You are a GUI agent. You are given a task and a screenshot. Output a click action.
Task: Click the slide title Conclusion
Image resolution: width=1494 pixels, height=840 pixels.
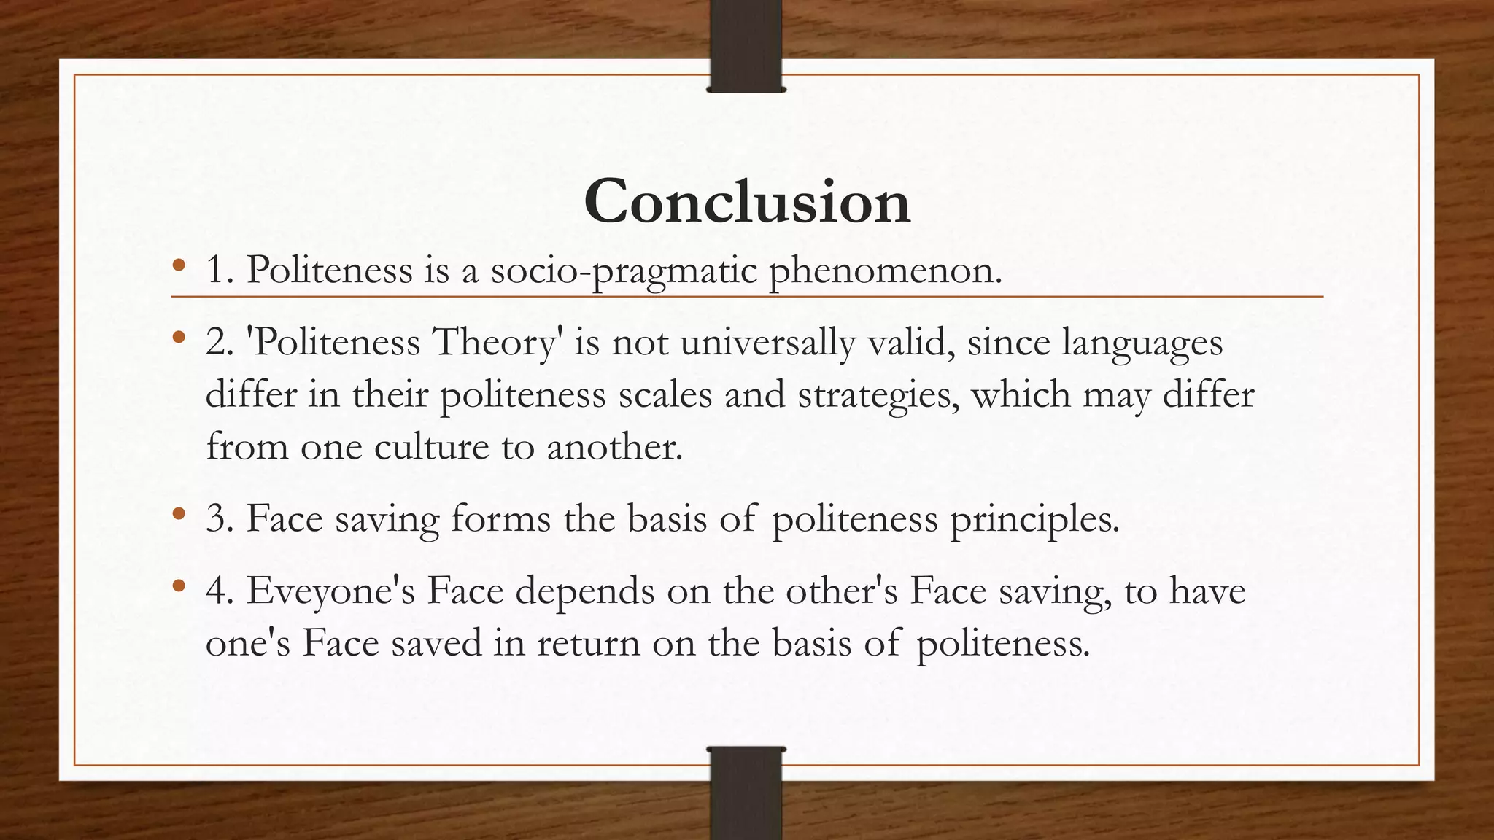746,201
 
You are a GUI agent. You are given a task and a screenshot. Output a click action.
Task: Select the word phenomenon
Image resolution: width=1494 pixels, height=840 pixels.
886,271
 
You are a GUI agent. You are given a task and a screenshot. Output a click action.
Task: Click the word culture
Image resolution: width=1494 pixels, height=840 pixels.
431,446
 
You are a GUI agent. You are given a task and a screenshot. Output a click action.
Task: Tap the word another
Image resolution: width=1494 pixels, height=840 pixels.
614,446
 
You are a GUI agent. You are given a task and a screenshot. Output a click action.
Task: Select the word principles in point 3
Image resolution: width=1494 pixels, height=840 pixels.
1034,520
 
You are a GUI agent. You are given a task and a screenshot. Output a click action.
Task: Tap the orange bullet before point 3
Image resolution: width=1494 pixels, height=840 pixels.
179,514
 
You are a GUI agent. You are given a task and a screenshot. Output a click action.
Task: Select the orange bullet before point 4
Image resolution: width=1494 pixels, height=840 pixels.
179,586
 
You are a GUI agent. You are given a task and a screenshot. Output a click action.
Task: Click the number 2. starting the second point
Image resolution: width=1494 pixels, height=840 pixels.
220,342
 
